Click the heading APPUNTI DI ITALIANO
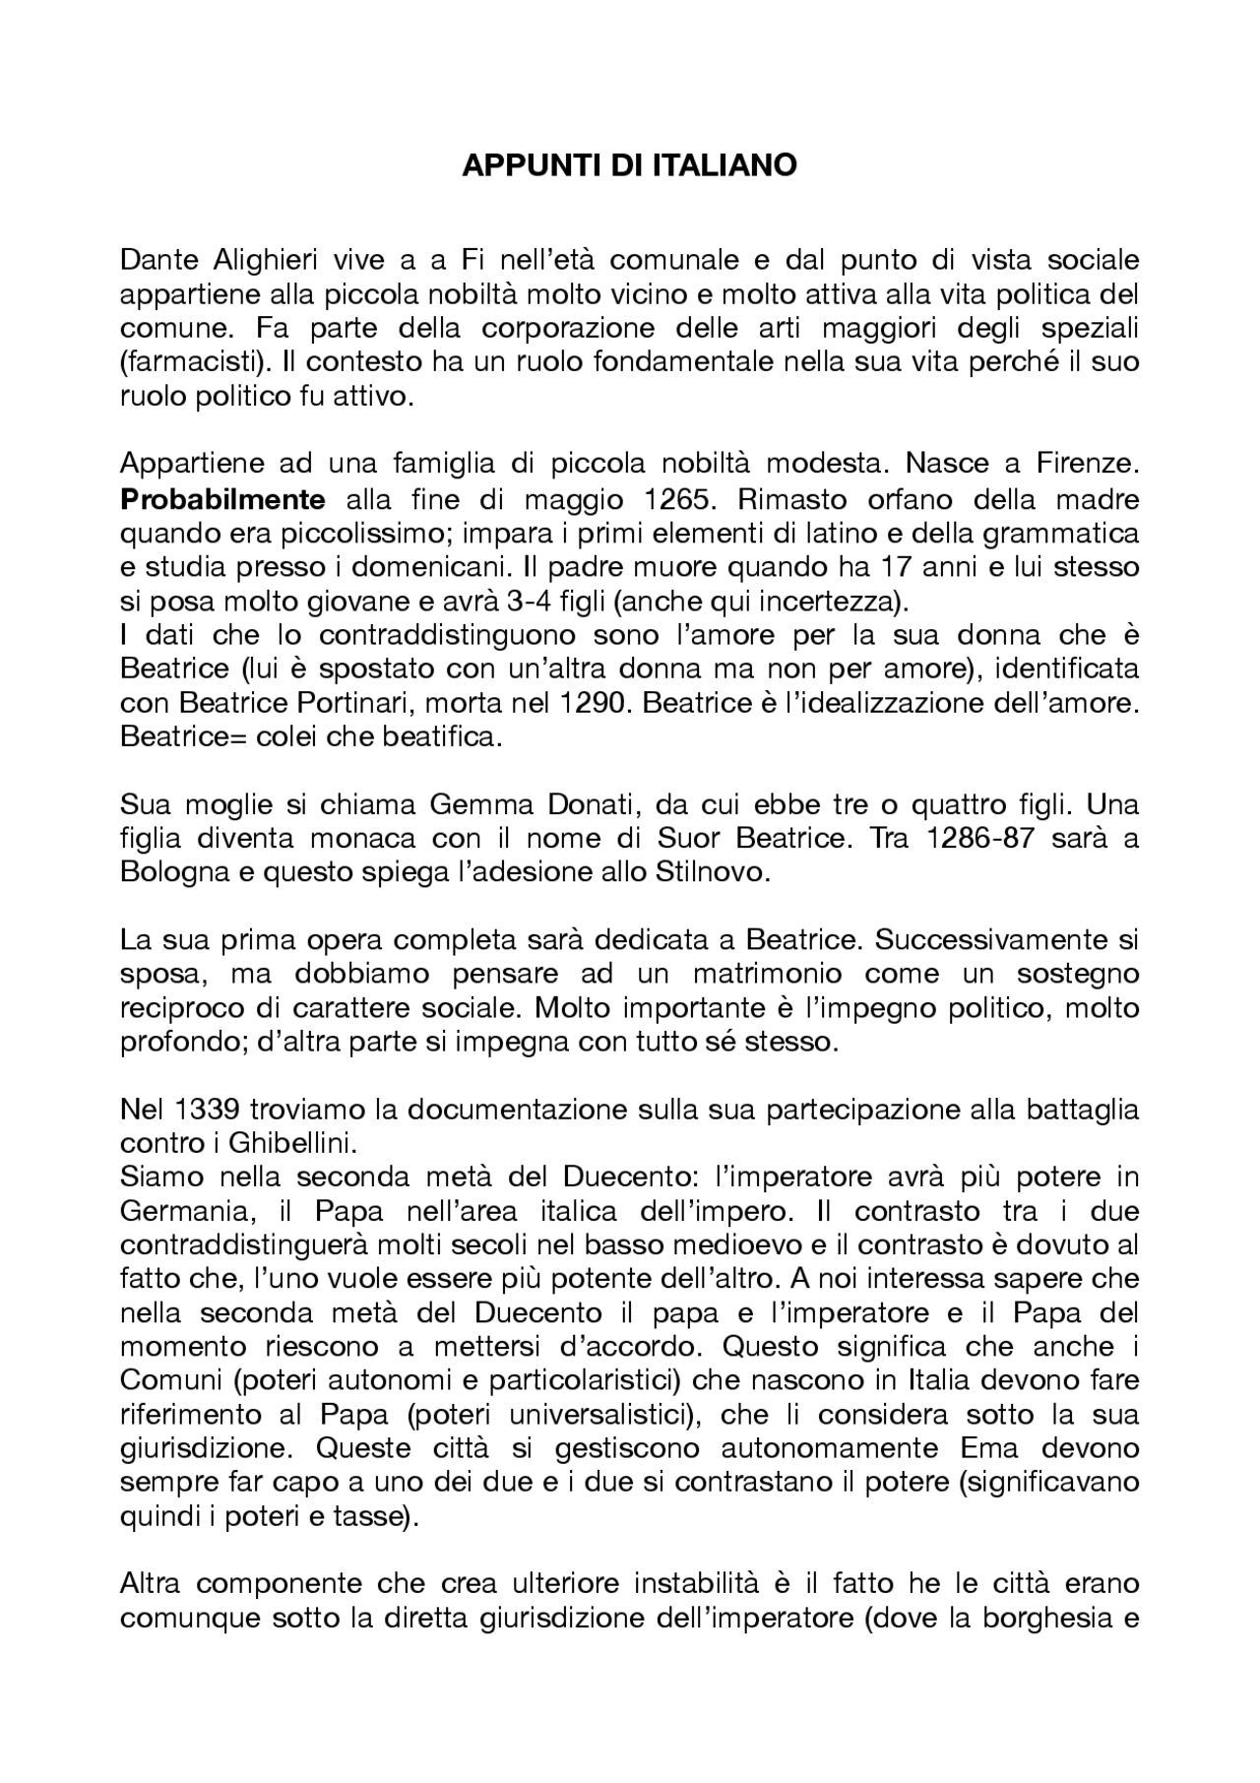(x=629, y=165)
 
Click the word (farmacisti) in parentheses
(x=195, y=362)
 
